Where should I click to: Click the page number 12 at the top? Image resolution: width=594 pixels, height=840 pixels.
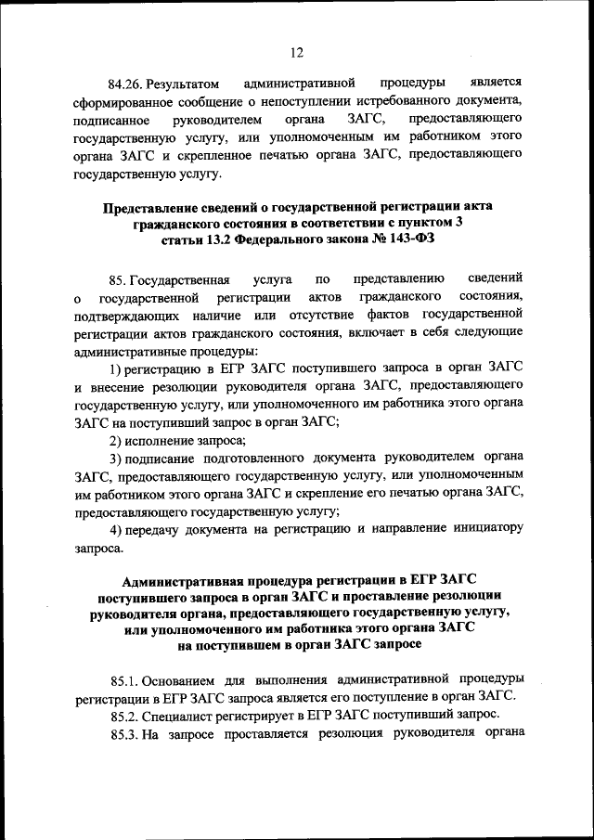(x=296, y=52)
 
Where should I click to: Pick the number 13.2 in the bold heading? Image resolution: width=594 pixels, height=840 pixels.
(x=211, y=239)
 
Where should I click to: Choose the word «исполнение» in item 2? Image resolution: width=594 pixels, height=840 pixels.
(x=159, y=440)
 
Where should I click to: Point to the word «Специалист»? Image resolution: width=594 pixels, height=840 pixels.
(x=184, y=715)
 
